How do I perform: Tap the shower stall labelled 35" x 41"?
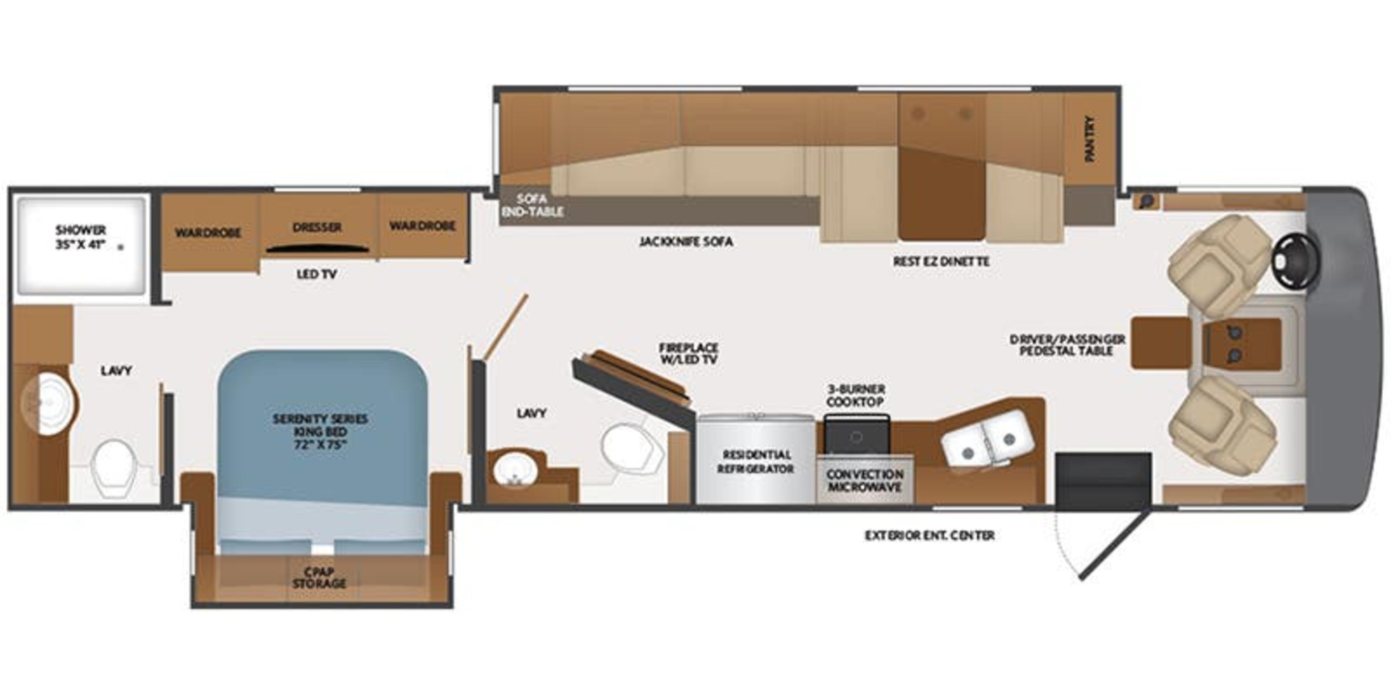pyautogui.click(x=81, y=246)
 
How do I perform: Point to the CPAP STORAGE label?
pyautogui.click(x=319, y=578)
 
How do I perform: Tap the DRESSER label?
pyautogui.click(x=317, y=228)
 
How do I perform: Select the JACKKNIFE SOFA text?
pyautogui.click(x=686, y=241)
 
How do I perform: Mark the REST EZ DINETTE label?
pyautogui.click(x=941, y=261)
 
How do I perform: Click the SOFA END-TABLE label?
pyautogui.click(x=532, y=205)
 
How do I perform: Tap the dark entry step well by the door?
pyautogui.click(x=1103, y=481)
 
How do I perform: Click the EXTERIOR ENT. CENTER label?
pyautogui.click(x=929, y=535)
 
